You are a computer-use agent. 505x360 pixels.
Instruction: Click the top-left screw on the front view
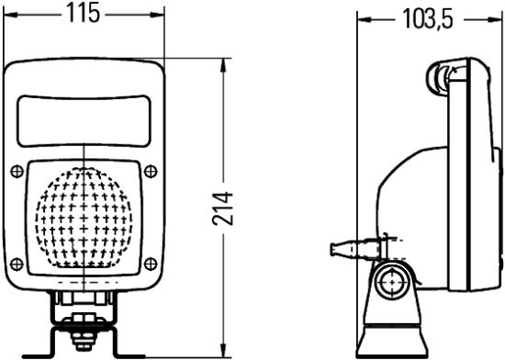(x=17, y=172)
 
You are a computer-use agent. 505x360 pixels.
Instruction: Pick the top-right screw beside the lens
(x=151, y=172)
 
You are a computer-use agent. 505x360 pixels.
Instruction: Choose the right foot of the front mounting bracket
(x=129, y=353)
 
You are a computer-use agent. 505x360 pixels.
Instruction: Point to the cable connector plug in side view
(x=349, y=248)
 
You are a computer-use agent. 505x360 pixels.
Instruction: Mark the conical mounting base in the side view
(x=393, y=331)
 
